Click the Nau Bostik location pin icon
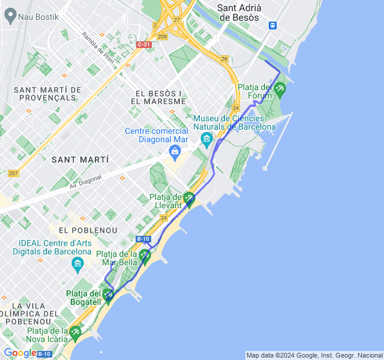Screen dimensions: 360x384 (x=10, y=16)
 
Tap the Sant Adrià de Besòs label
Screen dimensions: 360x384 (x=238, y=13)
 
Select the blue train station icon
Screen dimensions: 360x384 (x=273, y=25)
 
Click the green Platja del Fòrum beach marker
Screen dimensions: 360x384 (x=280, y=89)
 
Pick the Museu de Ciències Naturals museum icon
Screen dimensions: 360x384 (x=207, y=140)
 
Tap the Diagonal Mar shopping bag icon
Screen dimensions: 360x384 (x=175, y=152)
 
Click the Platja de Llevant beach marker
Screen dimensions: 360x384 (x=189, y=197)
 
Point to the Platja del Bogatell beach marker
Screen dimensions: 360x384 (x=108, y=294)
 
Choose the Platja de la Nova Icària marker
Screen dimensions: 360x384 (x=74, y=331)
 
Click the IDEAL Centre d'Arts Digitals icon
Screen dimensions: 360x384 (x=77, y=263)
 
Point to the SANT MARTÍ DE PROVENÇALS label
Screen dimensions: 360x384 (x=44, y=93)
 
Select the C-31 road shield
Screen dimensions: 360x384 (x=143, y=44)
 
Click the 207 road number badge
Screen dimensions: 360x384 (x=13, y=173)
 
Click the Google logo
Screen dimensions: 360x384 (x=20, y=353)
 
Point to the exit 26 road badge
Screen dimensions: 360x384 (x=224, y=59)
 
